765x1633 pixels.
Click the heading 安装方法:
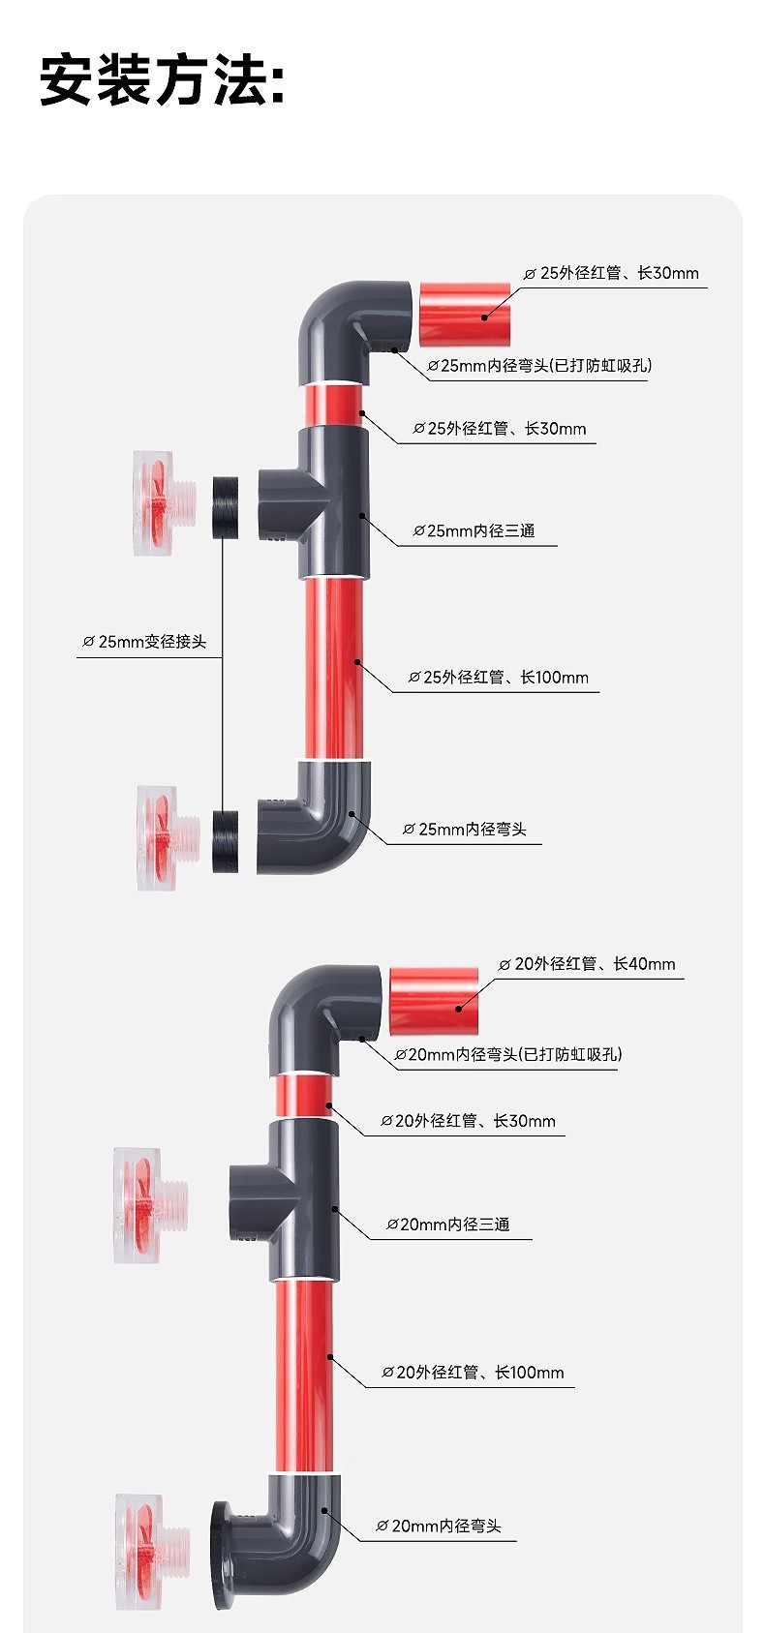click(x=163, y=79)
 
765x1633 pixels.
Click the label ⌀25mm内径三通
click(x=474, y=530)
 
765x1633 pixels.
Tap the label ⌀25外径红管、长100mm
click(x=499, y=678)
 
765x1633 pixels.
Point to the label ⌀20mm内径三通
click(x=448, y=1225)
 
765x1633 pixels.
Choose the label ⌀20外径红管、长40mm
click(x=587, y=964)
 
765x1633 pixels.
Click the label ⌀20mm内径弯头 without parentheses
click(x=439, y=1526)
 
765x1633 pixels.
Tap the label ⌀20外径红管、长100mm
click(x=473, y=1373)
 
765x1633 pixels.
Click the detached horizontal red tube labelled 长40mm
click(x=434, y=1001)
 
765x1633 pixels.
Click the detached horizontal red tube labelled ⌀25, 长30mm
click(x=465, y=314)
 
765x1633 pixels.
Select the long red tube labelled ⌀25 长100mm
click(x=332, y=668)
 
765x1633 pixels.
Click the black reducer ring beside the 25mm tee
click(x=226, y=506)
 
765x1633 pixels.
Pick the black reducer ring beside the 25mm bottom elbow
click(x=225, y=841)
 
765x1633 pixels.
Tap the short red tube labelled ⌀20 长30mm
click(x=304, y=1096)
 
